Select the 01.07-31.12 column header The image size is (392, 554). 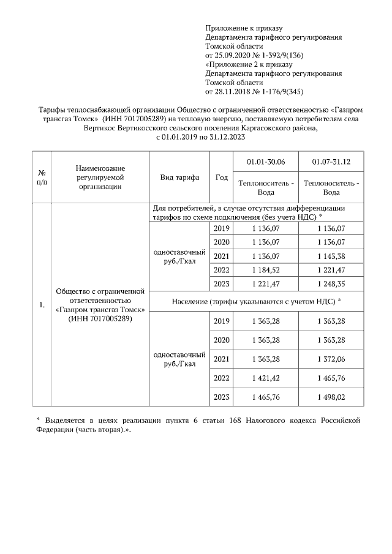click(331, 162)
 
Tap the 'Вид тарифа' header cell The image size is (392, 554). click(179, 177)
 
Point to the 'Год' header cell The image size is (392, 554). click(221, 177)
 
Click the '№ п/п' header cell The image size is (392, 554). click(41, 177)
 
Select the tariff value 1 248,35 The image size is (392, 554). click(331, 283)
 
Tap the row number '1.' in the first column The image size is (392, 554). click(41, 305)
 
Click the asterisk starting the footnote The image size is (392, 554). click(37, 421)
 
